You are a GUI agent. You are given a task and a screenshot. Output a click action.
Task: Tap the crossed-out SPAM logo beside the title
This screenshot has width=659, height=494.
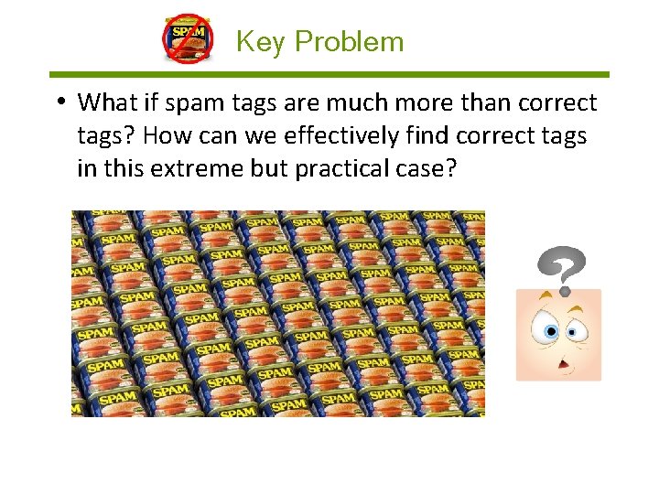188,39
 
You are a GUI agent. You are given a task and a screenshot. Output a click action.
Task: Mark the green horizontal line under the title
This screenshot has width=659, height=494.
329,74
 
